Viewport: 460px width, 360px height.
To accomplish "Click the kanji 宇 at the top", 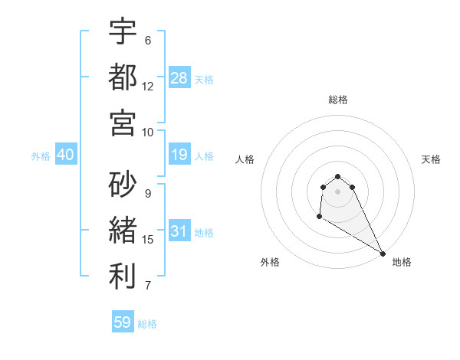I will [x=123, y=33].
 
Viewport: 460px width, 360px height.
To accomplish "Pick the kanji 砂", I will [x=123, y=185].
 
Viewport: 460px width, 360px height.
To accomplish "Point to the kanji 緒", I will [x=123, y=230].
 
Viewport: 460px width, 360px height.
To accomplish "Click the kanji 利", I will [x=123, y=277].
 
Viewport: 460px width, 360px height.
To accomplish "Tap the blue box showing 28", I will [x=179, y=77].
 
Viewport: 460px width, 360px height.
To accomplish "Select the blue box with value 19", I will [x=179, y=155].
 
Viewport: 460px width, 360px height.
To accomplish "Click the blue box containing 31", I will [x=179, y=231].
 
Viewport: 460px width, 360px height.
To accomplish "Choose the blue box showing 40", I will [x=66, y=155].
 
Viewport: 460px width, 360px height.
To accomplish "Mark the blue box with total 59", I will [x=123, y=322].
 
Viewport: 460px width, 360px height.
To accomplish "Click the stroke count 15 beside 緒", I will [x=148, y=240].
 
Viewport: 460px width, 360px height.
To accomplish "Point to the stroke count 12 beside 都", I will [x=148, y=87].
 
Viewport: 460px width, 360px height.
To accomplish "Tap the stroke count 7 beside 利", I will [x=148, y=286].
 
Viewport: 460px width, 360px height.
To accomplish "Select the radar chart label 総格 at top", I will [x=338, y=100].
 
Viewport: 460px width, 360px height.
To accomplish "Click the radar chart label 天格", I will [x=431, y=159].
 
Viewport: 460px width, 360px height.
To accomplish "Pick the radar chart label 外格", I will [x=270, y=262].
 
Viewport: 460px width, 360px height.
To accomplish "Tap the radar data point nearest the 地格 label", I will [x=383, y=254].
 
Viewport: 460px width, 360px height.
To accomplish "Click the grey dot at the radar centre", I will [x=338, y=191].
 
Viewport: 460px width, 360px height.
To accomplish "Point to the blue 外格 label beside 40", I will [x=41, y=155].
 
